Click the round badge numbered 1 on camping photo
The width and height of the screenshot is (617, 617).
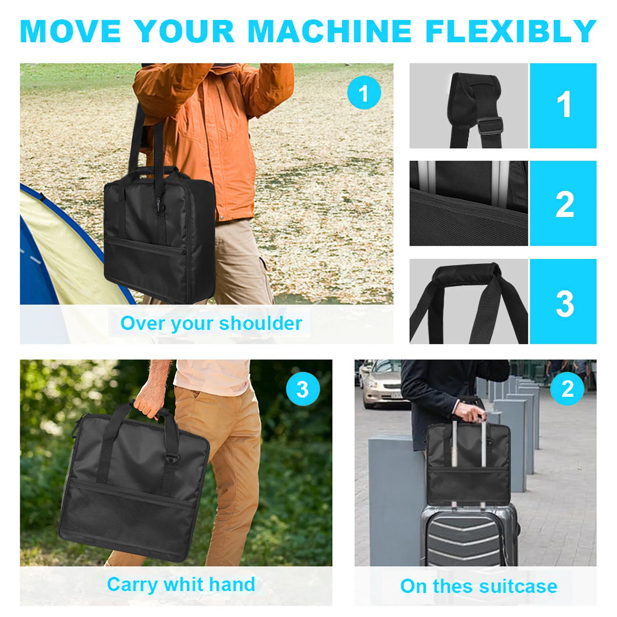[363, 93]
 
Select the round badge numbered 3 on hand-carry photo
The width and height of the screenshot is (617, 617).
[303, 389]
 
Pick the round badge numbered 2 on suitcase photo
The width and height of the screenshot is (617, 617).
[567, 389]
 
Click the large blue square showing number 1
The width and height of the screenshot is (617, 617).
[563, 106]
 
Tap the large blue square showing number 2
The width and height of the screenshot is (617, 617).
[563, 203]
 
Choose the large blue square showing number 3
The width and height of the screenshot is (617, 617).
[563, 301]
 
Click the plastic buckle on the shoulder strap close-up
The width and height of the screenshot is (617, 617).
[490, 126]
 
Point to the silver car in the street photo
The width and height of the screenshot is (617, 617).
[382, 385]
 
